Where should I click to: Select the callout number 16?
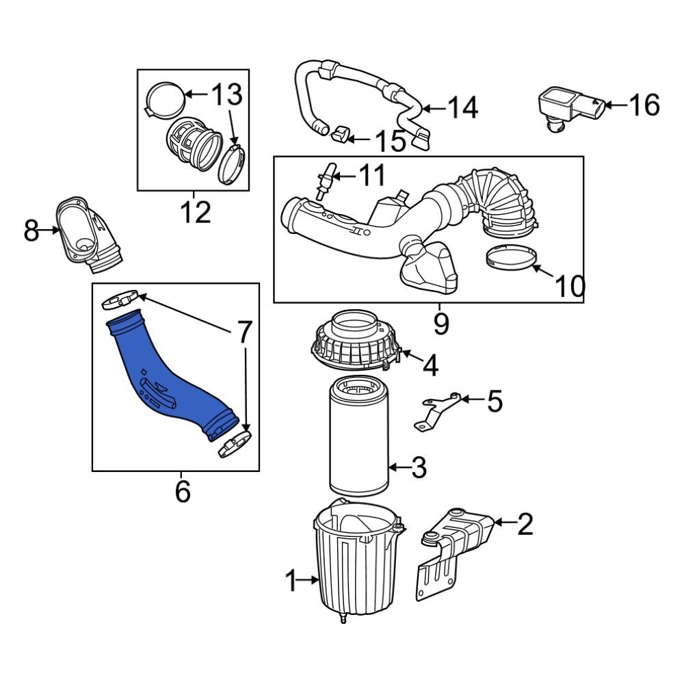644,105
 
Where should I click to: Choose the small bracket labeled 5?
438,410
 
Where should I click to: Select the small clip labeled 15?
339,133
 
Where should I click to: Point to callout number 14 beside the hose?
462,107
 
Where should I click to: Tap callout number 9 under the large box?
440,324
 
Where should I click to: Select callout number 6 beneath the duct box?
182,491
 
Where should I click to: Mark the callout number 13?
226,95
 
